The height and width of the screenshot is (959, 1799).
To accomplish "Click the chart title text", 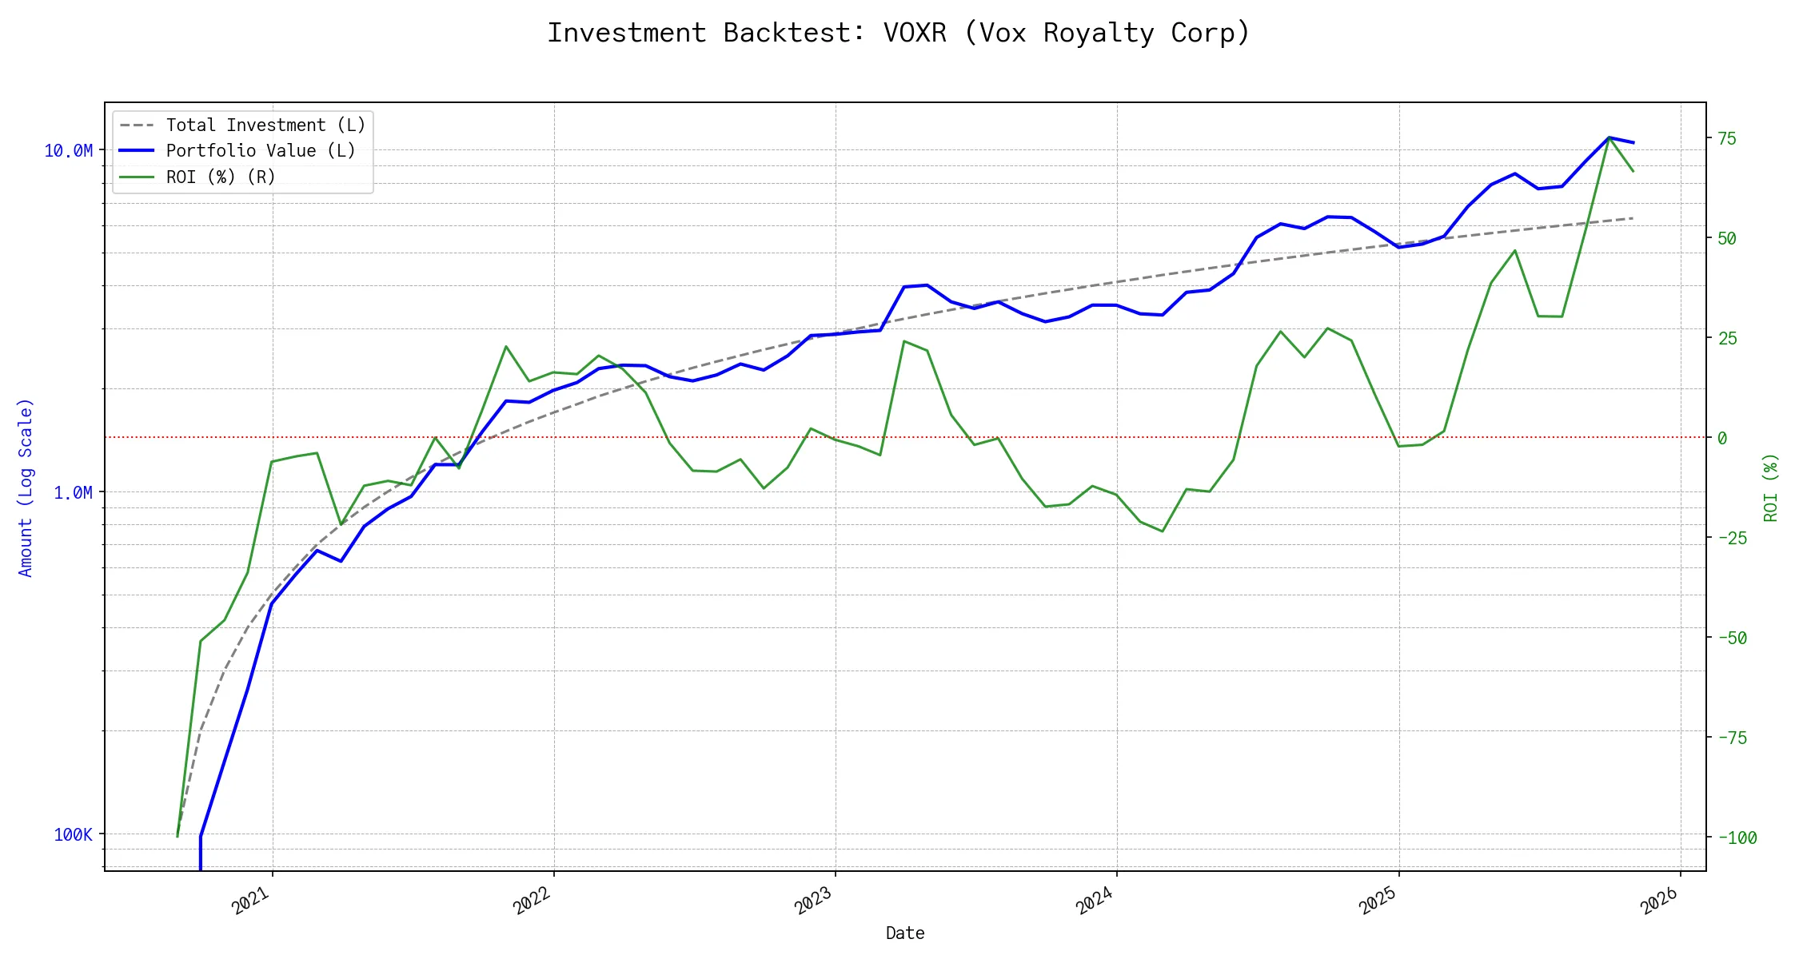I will [x=899, y=34].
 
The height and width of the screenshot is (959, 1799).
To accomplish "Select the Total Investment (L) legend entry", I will [x=265, y=125].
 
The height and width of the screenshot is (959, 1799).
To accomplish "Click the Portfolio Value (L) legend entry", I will [x=261, y=151].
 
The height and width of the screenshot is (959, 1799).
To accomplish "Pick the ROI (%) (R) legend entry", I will [x=221, y=177].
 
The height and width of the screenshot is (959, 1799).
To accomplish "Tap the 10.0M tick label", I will [x=68, y=151].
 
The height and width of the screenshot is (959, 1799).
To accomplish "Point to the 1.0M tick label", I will [x=73, y=493].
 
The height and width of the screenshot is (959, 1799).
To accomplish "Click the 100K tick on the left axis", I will [x=73, y=835].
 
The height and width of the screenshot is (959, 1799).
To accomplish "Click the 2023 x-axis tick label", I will [x=814, y=901].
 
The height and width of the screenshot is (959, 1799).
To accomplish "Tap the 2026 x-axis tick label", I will [x=1658, y=901].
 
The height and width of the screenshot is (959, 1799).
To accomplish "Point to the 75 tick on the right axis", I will [x=1727, y=138].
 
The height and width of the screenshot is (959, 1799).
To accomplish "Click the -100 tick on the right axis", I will [x=1737, y=838].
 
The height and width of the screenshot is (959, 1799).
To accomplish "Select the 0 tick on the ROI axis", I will [x=1722, y=438].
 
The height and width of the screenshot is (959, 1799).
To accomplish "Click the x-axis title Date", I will [x=905, y=933].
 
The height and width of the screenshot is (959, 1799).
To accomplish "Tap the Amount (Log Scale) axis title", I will [x=26, y=487].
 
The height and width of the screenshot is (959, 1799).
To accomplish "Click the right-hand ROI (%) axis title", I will [x=1771, y=487].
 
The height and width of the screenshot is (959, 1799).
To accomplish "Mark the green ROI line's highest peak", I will [x=1609, y=137].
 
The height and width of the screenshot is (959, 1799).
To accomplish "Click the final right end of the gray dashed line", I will [x=1633, y=218].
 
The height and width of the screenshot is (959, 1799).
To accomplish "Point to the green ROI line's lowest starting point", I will [x=178, y=836].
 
